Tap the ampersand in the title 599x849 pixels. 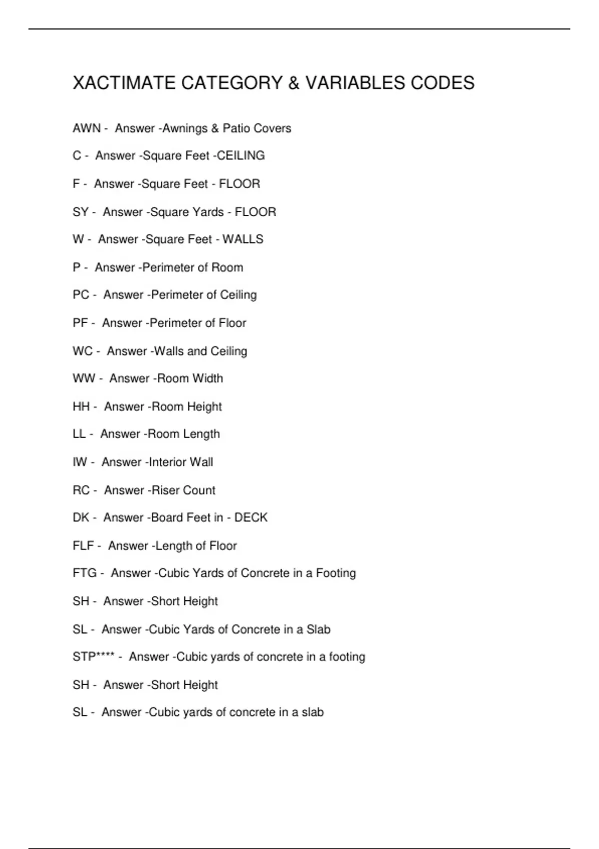coord(294,83)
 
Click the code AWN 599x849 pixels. coord(86,128)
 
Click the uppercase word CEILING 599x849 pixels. coord(241,156)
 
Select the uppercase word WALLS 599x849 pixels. coord(243,239)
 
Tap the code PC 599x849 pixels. coord(81,295)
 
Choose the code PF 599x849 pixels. coord(80,323)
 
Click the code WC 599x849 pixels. coord(82,351)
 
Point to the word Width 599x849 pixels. coord(207,379)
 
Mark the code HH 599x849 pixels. coord(81,407)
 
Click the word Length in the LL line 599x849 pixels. coord(201,434)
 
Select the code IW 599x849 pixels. coord(80,462)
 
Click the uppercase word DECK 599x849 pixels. coord(251,517)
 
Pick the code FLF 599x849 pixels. coord(83,545)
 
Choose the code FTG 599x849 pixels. coord(84,573)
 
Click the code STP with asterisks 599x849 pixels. coord(93,656)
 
